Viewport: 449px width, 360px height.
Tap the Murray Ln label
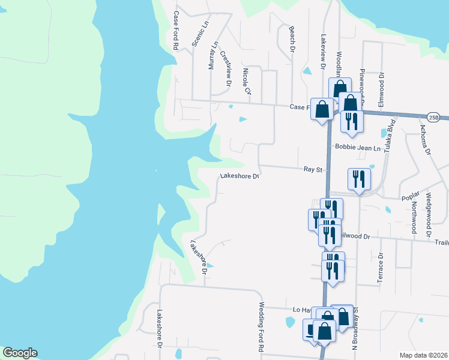point(213,55)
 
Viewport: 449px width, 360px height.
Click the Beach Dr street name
point(292,37)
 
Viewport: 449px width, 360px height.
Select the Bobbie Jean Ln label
point(358,148)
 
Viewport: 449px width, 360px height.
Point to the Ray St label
point(310,170)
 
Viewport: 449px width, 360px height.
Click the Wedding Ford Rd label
point(262,327)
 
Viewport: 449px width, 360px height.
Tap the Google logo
point(20,353)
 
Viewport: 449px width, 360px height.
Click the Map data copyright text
point(423,355)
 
